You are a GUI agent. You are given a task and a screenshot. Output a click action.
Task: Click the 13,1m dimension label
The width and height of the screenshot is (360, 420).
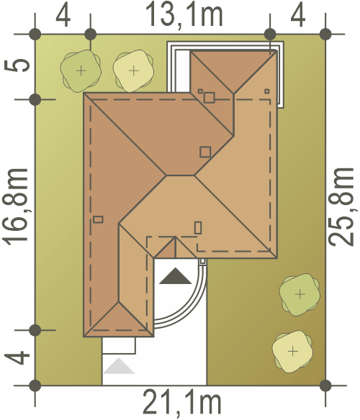184,15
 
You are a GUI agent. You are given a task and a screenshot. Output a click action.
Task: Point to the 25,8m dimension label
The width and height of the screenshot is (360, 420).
341,207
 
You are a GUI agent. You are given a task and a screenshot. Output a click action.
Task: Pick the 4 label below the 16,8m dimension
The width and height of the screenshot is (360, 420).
17,358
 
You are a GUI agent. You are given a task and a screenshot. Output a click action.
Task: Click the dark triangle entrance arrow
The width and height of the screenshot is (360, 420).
176,276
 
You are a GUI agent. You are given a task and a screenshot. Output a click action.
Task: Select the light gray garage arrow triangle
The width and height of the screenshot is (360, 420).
119,366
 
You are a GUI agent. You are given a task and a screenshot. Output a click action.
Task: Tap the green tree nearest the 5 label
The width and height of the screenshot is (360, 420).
81,71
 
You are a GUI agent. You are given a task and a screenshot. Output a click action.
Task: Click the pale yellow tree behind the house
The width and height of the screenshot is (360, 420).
133,70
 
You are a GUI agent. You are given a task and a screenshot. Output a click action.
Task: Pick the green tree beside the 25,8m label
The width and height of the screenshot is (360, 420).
300,294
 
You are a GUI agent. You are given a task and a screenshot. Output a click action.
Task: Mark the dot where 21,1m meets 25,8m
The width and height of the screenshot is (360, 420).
325,385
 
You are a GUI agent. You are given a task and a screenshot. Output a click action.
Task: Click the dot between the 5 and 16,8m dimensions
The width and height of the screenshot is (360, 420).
35,99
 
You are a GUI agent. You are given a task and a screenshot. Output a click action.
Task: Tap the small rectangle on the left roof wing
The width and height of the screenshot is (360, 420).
98,219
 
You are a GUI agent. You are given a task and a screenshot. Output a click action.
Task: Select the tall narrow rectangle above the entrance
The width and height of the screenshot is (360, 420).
198,228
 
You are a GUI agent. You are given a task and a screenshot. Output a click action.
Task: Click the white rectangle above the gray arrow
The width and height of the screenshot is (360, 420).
119,345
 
